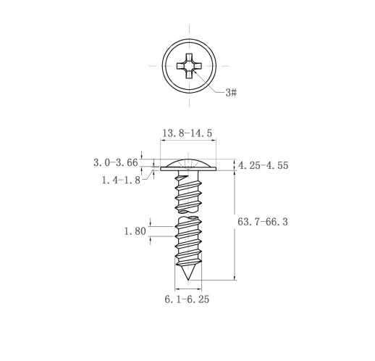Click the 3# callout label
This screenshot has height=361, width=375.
(231, 92)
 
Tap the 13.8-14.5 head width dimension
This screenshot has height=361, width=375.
(187, 133)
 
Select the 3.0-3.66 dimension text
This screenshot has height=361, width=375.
(116, 162)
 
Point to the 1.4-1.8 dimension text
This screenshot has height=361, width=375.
(121, 180)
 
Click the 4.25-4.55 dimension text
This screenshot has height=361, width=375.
(264, 165)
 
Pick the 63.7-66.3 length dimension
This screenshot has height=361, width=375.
(263, 222)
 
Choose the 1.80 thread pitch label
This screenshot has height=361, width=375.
(135, 231)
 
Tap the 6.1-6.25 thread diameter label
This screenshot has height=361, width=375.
(187, 299)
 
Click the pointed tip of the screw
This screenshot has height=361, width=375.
(188, 280)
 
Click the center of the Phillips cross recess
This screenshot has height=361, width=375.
(189, 66)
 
